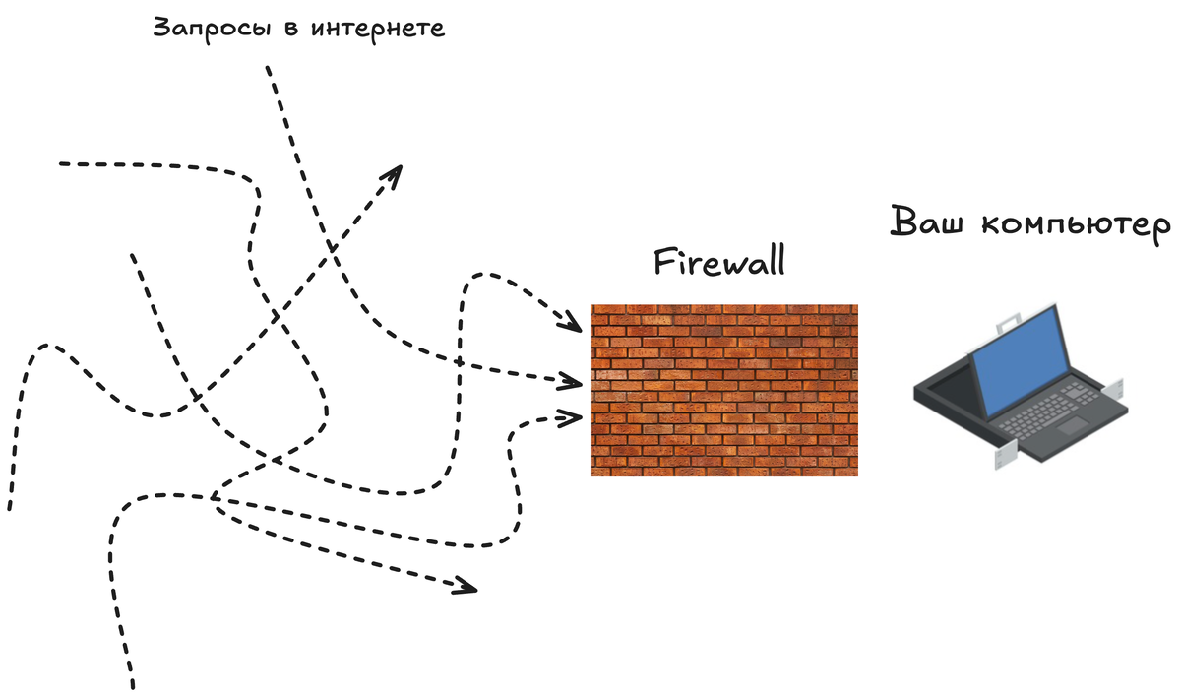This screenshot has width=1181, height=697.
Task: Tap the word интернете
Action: coord(377,28)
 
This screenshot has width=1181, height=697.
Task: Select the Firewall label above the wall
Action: coord(720,263)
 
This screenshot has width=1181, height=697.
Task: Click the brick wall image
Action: coord(724,390)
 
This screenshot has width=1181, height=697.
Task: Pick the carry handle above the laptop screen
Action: coord(1010,321)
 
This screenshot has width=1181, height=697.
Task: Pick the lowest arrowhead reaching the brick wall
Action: coord(569,417)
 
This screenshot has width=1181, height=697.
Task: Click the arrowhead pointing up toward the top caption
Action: coord(393,174)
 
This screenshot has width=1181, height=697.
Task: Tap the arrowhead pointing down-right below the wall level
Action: coord(465,588)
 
